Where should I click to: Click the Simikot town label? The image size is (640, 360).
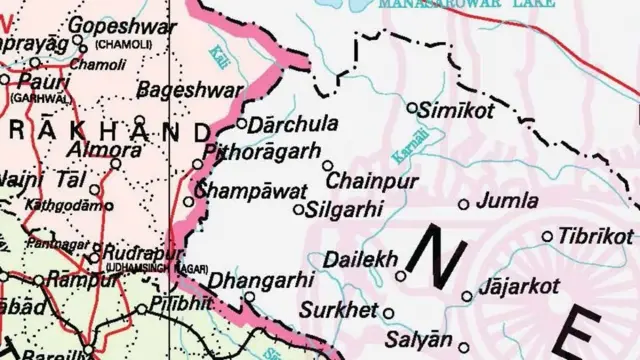[x=459, y=111]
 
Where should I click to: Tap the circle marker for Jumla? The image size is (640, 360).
[x=464, y=204]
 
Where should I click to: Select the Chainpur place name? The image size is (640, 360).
[x=373, y=182]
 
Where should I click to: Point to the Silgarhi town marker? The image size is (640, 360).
[x=298, y=210]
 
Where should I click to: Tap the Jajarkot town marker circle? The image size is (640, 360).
[x=467, y=295]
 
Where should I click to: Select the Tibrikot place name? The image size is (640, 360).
[x=596, y=236]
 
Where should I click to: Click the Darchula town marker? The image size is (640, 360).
[x=241, y=124]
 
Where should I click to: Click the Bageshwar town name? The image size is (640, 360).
[x=183, y=90]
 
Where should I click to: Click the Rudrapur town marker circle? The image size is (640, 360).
[x=93, y=258]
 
